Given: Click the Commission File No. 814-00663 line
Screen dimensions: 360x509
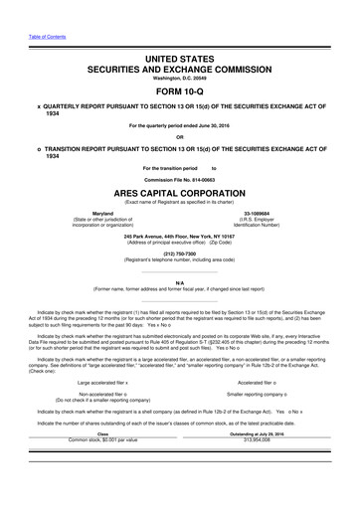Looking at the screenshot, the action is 180,179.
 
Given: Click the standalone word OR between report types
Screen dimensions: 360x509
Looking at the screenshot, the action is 180,137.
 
